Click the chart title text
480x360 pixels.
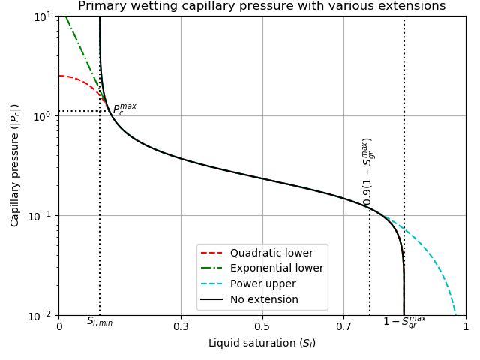pos(262,6)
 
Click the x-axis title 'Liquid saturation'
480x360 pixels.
pos(262,343)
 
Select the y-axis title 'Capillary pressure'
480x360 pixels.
pos(15,165)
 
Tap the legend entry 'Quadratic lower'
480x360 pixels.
pos(277,253)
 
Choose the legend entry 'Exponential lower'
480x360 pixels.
pos(277,268)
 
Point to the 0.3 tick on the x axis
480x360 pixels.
pos(181,327)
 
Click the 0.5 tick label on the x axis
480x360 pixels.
pos(262,327)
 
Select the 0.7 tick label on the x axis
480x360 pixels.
pos(343,327)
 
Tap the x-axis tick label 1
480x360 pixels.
pos(465,327)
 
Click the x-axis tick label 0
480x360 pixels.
pos(59,327)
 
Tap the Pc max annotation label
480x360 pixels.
pos(124,109)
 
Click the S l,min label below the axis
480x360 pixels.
pos(100,322)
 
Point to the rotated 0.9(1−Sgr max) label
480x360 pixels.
pos(367,171)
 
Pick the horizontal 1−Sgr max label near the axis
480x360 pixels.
pos(404,322)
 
